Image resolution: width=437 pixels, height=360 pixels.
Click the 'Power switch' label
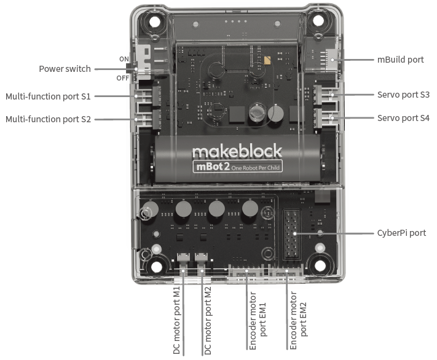[x=65, y=69]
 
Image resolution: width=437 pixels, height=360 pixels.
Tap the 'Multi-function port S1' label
[x=48, y=96]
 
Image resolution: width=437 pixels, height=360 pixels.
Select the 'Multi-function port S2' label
[x=48, y=119]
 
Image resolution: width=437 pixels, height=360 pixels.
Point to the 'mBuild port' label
[x=400, y=60]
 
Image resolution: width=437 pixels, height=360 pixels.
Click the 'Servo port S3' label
[x=403, y=95]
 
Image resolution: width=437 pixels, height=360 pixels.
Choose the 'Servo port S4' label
[x=403, y=117]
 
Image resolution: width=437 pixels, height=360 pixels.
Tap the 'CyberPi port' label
[x=401, y=233]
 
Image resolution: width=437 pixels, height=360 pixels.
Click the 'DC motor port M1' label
[x=176, y=319]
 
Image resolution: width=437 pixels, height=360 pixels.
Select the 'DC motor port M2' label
[x=207, y=319]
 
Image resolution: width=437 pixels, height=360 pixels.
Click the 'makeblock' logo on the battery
[x=237, y=151]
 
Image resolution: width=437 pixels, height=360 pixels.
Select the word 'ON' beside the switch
[x=124, y=59]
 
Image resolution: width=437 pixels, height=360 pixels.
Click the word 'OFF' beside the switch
[x=123, y=78]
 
